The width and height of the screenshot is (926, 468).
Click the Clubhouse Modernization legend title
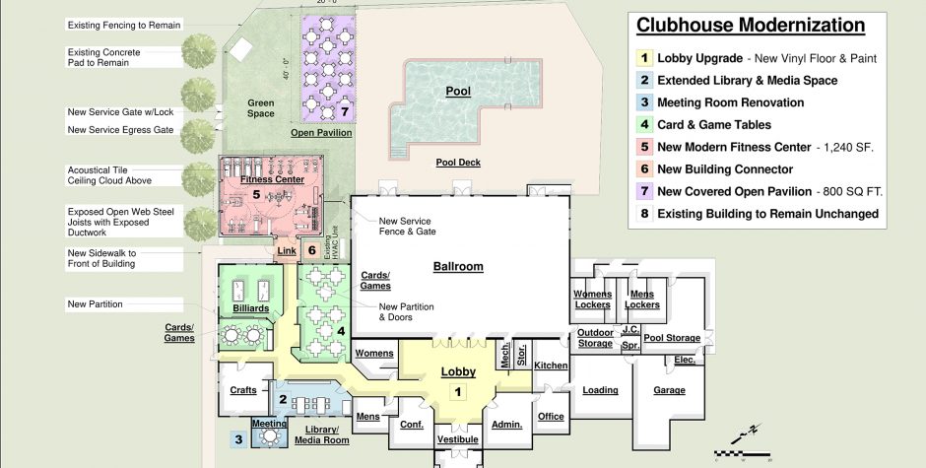click(x=751, y=26)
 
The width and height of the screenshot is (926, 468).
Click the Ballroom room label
click(x=458, y=267)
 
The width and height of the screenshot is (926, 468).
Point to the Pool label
click(x=458, y=92)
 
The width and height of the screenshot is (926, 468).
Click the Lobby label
click(x=458, y=371)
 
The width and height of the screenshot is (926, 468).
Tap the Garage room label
click(x=669, y=390)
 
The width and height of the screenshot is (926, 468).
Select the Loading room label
click(x=600, y=390)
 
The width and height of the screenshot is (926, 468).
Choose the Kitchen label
click(x=551, y=366)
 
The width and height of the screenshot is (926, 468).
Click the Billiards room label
click(x=249, y=307)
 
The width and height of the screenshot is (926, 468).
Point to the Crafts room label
click(x=243, y=390)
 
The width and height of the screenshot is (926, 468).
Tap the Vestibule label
click(x=458, y=438)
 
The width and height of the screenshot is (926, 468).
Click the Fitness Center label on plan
click(x=272, y=180)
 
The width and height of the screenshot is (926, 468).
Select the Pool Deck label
click(x=458, y=163)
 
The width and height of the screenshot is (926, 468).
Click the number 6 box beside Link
click(x=312, y=250)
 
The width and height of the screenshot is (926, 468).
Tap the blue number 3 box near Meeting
click(x=237, y=439)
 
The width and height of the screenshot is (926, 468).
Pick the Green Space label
click(x=261, y=107)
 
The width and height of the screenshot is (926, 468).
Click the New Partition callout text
click(x=95, y=303)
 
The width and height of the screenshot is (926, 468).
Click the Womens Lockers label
click(x=592, y=300)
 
